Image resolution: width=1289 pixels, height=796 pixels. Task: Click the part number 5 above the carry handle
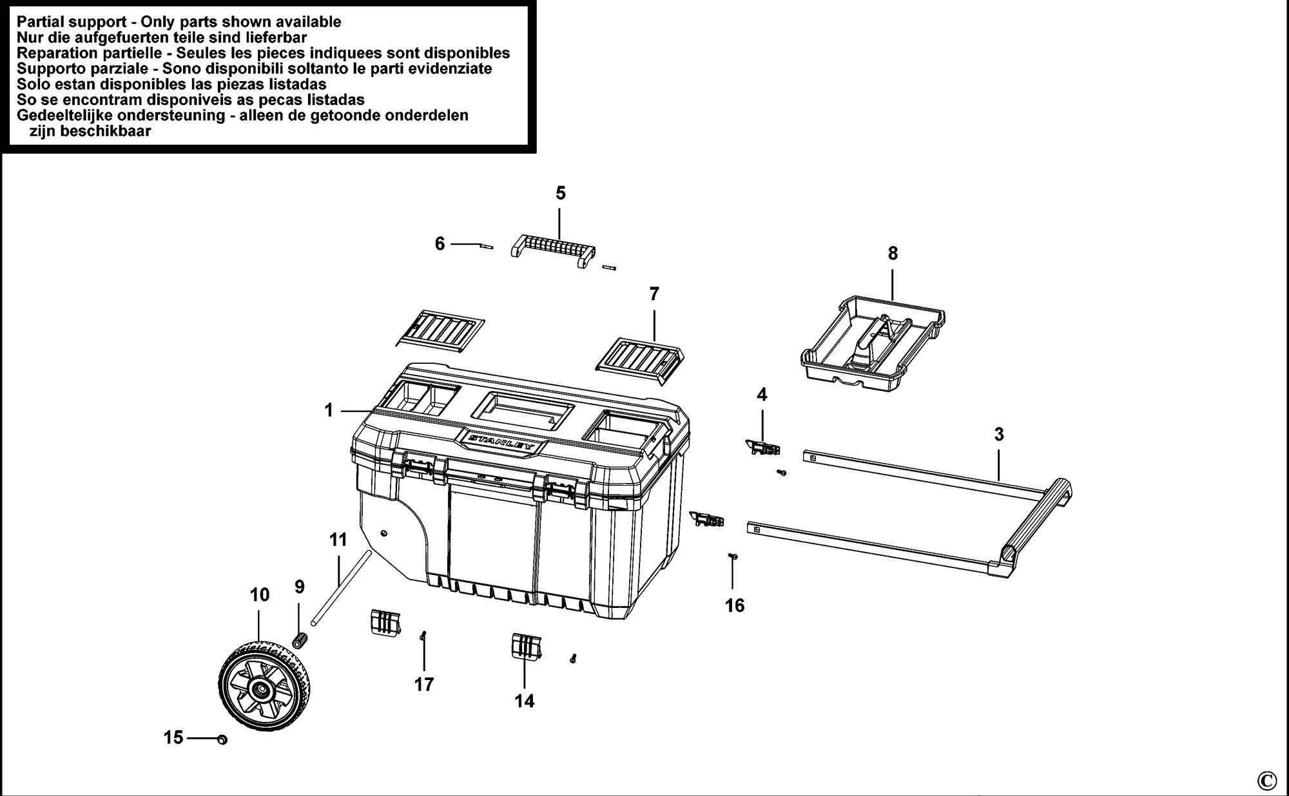point(560,193)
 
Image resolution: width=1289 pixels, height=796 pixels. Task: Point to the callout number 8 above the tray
point(893,254)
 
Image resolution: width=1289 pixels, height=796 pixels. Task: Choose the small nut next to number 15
point(222,740)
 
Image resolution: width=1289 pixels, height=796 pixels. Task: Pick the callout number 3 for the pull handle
point(999,435)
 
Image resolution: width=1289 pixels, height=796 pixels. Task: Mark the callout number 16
point(735,605)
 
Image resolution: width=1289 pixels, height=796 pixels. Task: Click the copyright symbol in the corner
point(1266,781)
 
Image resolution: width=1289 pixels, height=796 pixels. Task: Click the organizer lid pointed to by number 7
point(639,361)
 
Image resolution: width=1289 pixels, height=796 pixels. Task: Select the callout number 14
point(525,701)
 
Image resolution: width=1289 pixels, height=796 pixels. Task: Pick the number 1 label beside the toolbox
point(329,410)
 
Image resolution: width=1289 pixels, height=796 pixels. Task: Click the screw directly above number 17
point(423,636)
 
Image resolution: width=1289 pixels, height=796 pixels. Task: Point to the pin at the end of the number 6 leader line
point(487,245)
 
